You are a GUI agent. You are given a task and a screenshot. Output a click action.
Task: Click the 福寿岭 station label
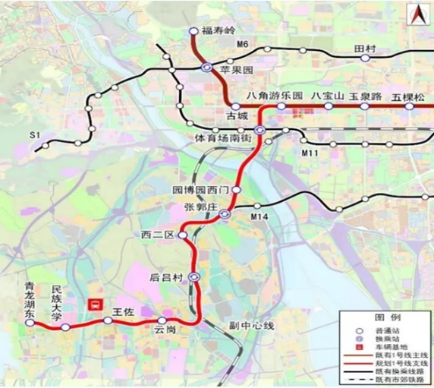(x=219, y=32)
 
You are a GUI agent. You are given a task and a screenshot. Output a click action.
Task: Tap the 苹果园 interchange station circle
(x=206, y=68)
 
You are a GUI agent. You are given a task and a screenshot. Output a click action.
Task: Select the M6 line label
(x=243, y=46)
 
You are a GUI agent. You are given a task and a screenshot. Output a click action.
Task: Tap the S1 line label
(x=33, y=134)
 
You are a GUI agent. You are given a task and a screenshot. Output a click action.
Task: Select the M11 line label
(x=308, y=154)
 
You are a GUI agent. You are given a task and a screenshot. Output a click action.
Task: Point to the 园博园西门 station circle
(x=236, y=189)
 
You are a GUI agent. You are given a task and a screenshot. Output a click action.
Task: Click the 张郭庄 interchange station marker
(x=225, y=215)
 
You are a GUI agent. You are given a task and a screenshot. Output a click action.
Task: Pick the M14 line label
(x=260, y=218)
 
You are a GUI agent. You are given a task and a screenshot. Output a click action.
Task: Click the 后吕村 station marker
(x=194, y=277)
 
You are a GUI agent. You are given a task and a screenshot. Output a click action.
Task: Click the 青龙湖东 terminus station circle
(x=30, y=323)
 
